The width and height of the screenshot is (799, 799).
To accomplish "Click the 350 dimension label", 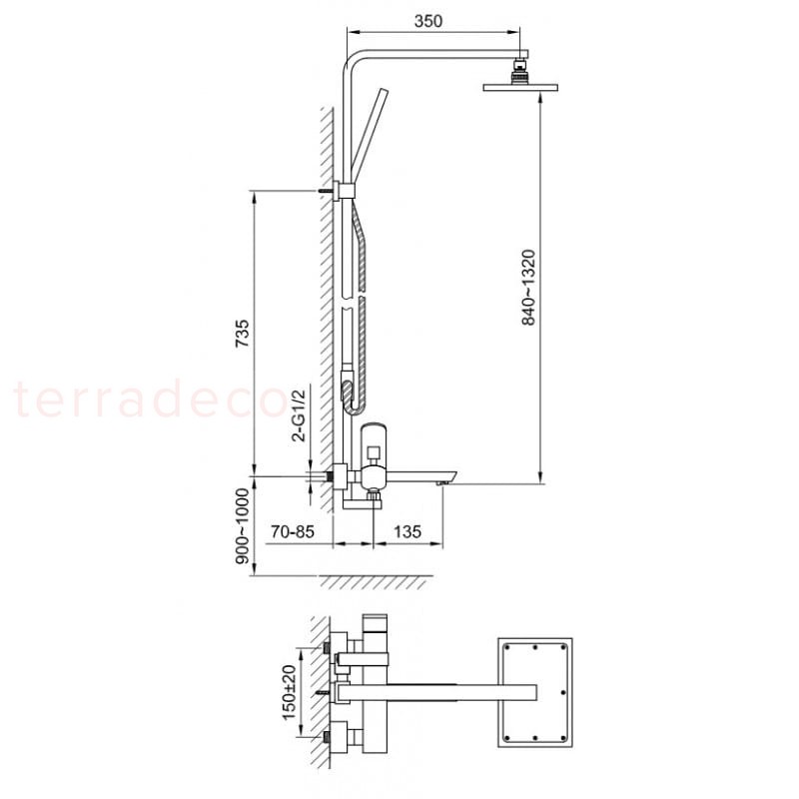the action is click(428, 21).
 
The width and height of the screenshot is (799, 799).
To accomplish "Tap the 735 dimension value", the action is click(242, 334).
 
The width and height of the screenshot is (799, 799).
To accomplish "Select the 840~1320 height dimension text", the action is click(529, 288).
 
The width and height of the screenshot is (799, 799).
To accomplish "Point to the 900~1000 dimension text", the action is click(243, 526).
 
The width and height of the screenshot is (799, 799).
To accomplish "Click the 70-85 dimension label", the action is click(293, 531).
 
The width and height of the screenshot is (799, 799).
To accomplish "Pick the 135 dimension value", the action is click(407, 531).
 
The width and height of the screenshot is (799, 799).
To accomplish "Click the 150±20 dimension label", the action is click(289, 692).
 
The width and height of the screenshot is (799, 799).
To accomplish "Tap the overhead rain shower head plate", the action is click(520, 87).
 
